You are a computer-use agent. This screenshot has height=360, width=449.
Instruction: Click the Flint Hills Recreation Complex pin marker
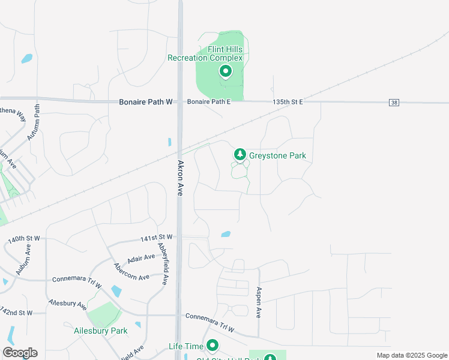(226, 72)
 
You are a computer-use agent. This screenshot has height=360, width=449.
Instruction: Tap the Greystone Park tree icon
(240, 155)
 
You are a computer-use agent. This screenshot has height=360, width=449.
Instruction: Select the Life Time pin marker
(212, 346)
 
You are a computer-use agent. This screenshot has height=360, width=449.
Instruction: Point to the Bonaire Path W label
(145, 103)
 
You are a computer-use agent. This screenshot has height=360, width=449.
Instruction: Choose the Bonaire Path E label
(209, 102)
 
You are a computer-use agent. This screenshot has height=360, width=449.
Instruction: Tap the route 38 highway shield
(394, 103)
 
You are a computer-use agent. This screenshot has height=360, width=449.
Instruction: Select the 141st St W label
(156, 238)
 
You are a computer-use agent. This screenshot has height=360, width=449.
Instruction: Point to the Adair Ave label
(142, 259)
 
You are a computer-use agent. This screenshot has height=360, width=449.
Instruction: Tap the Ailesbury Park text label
(101, 331)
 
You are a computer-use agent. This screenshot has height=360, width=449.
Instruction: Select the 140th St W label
(24, 239)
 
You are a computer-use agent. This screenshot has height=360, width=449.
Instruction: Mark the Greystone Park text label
(277, 155)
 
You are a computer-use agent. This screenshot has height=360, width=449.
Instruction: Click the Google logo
(20, 353)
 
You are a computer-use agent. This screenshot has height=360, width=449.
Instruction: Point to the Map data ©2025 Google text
(411, 355)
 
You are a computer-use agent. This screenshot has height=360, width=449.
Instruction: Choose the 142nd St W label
(16, 313)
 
